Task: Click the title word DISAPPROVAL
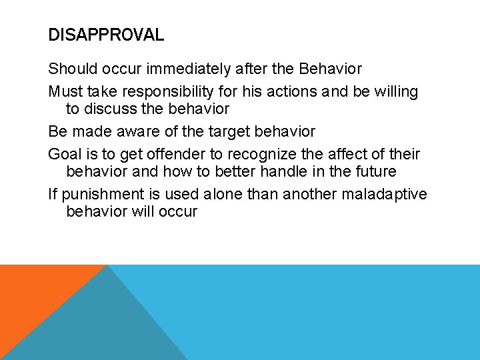coord(106,35)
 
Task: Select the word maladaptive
coord(390,194)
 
